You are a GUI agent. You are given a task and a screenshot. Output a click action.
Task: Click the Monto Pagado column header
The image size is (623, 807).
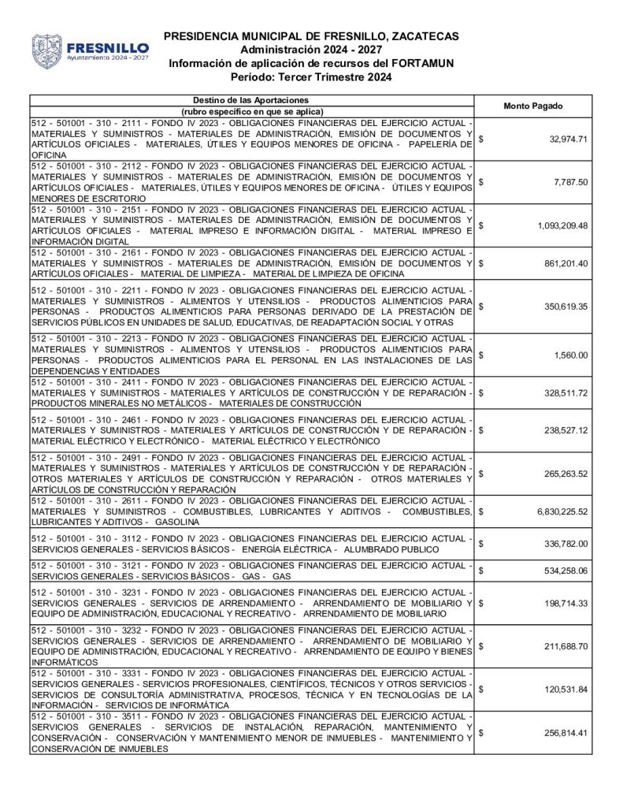click(x=533, y=106)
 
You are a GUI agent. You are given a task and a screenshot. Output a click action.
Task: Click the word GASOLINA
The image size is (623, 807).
click(x=177, y=523)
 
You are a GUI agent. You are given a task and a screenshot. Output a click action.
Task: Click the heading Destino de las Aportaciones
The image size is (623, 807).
click(x=251, y=100)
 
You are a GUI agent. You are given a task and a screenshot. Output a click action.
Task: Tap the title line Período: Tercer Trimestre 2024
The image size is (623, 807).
click(x=311, y=77)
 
